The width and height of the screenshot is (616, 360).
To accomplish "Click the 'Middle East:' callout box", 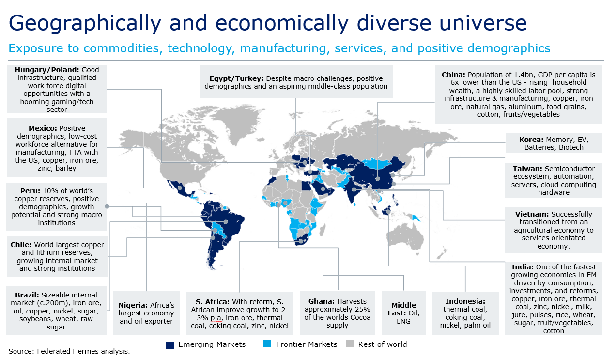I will (403, 313).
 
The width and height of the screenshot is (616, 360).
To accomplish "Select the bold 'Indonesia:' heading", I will (465, 301).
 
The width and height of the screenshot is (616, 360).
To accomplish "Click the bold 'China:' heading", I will (453, 75).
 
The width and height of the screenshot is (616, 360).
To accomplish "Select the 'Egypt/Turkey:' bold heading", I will (236, 78).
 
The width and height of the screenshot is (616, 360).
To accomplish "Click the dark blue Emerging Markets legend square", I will (169, 344).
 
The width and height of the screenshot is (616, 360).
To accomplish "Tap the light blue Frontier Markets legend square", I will (267, 344).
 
